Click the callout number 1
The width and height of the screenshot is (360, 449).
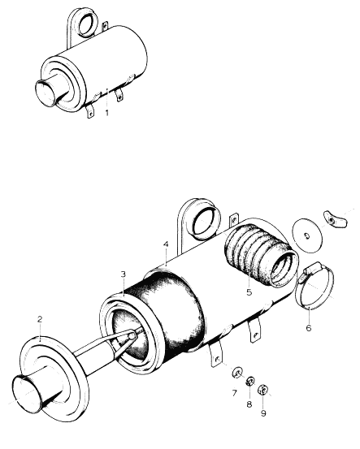[x=107, y=113]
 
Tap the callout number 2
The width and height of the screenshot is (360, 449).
[x=40, y=319]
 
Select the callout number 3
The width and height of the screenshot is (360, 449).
[x=124, y=274]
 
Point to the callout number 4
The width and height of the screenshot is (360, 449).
[x=166, y=244]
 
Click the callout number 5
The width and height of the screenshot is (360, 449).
[x=249, y=292]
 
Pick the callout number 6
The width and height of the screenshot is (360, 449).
[x=309, y=327]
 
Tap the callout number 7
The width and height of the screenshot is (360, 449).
[x=235, y=393]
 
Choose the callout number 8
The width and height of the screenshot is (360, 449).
[x=249, y=404]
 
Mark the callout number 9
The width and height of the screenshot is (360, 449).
[x=263, y=413]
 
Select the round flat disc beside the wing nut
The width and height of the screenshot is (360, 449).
[x=307, y=235]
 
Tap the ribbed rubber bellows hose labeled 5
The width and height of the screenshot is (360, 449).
[x=259, y=255]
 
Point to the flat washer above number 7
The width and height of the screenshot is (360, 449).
[x=236, y=373]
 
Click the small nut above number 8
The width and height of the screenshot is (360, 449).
[x=250, y=381]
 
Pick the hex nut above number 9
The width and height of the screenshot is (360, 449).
[x=262, y=390]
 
